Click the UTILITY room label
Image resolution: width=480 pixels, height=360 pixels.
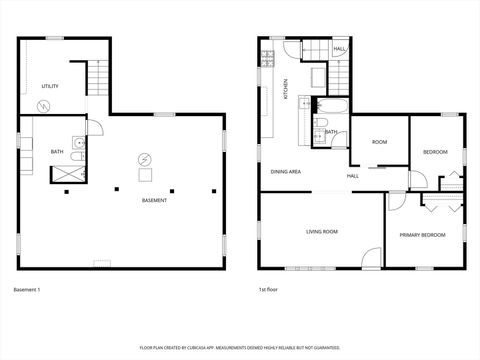[49, 86]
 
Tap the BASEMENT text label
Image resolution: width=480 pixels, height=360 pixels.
[154, 200]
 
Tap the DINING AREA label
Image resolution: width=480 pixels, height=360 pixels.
[286, 171]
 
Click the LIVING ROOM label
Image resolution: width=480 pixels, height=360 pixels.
[322, 231]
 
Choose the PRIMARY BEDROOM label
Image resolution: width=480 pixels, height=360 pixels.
[422, 235]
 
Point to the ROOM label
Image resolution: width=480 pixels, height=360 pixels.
[379, 142]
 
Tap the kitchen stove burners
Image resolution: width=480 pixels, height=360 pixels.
[318, 78]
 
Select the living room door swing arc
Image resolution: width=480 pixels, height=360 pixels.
[372, 257]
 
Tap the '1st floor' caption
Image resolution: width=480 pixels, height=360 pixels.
[268, 290]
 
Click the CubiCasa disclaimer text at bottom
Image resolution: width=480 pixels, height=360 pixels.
[239, 346]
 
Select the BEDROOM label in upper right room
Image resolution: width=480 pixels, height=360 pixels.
[435, 151]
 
